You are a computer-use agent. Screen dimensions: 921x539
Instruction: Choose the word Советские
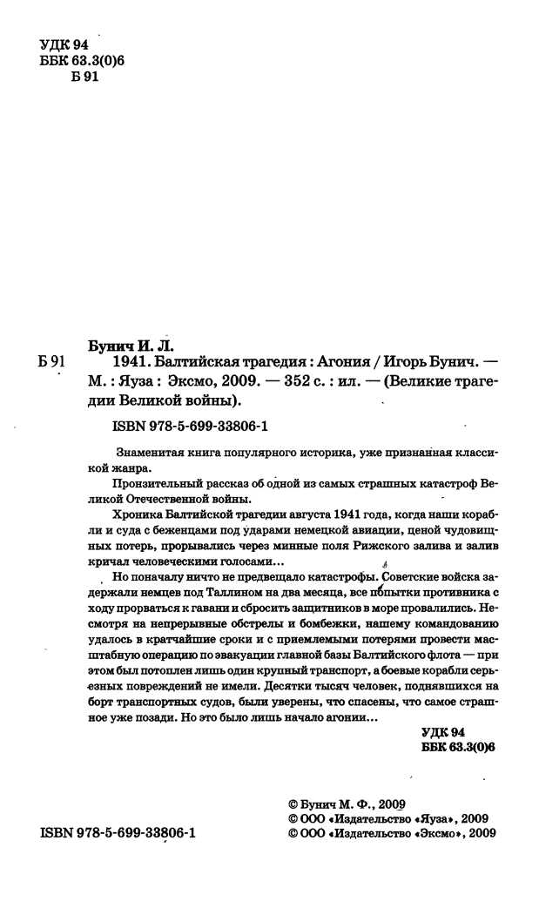tap(406, 576)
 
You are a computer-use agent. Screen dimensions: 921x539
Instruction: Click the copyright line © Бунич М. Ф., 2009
tap(347, 804)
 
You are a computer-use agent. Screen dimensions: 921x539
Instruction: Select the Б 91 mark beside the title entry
tap(54, 360)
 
